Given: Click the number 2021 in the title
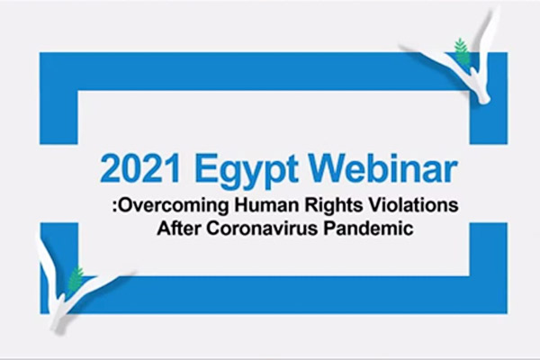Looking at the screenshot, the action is [x=139, y=169].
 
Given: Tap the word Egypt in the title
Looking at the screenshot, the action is [x=247, y=172].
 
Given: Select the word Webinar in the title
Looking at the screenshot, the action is [x=384, y=168].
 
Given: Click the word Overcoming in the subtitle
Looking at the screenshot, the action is [x=174, y=206].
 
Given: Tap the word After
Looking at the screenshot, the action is [x=178, y=228].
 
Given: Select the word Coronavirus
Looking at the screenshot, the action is [x=262, y=228].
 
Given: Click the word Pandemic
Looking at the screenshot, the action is [x=368, y=228].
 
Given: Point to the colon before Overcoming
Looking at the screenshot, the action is [x=115, y=207].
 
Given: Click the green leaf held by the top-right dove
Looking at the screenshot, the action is [x=462, y=51].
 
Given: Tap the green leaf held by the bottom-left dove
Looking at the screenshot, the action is [x=76, y=279].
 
